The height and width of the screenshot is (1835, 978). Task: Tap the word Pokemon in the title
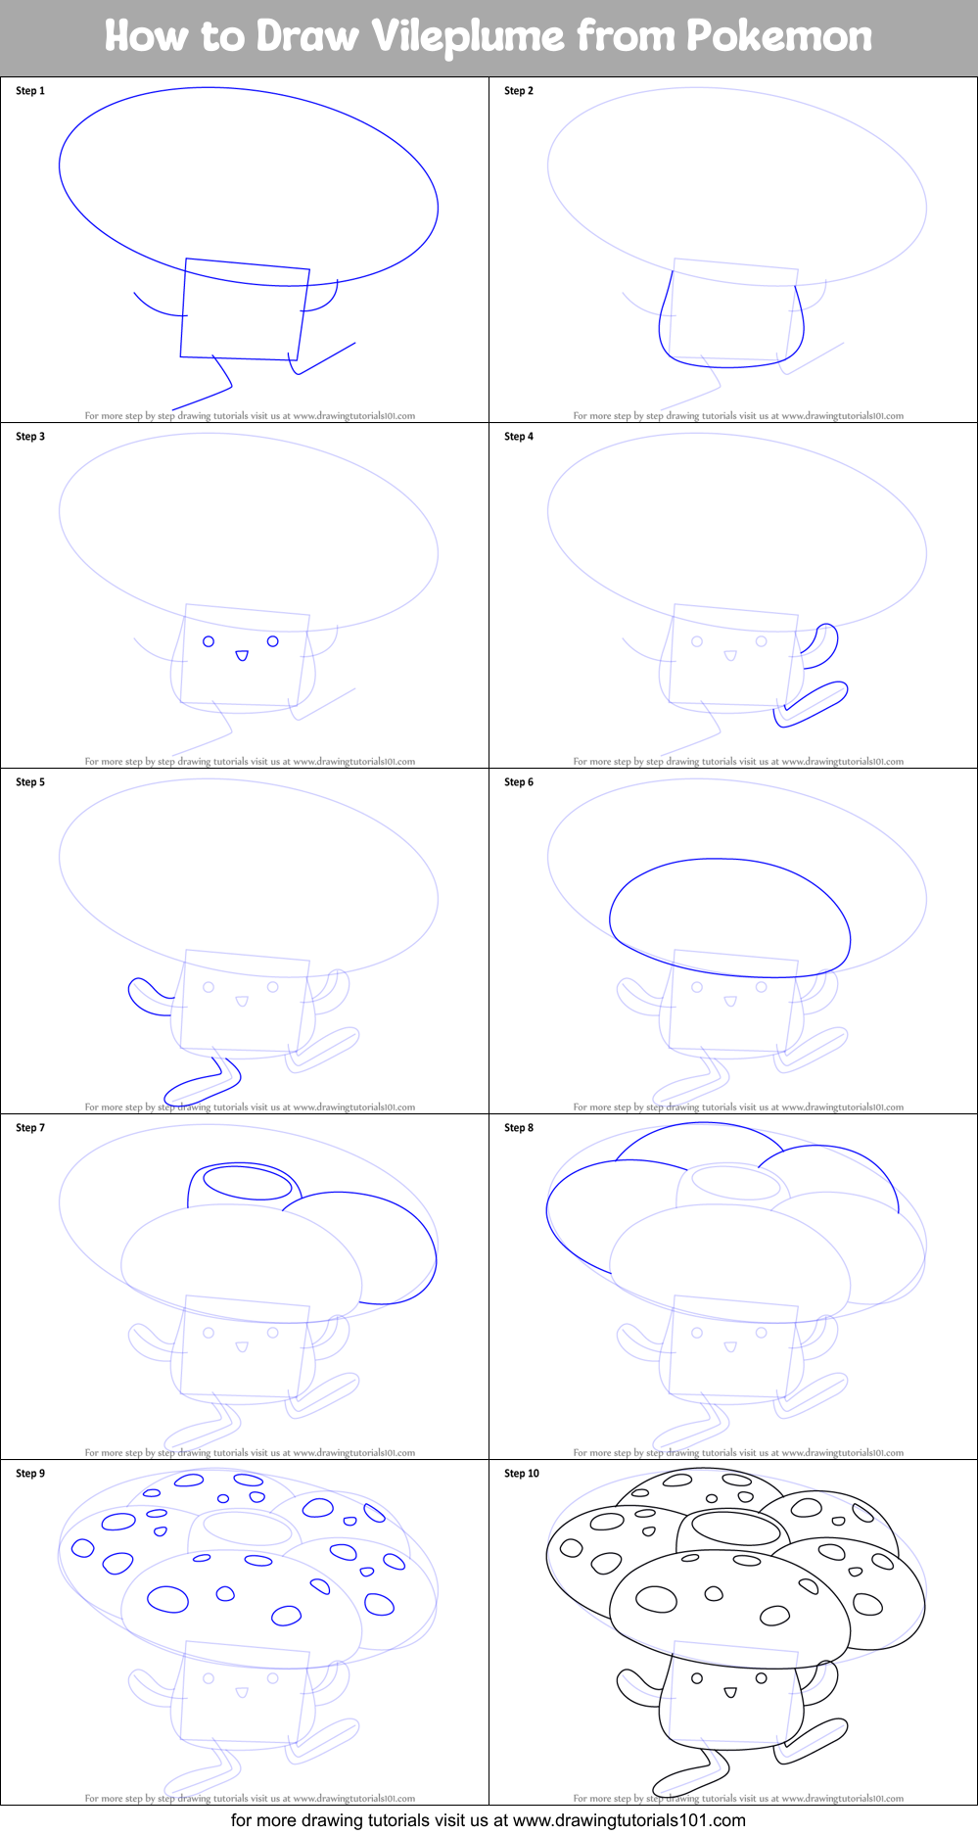click(x=778, y=37)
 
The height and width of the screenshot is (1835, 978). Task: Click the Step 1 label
click(x=30, y=91)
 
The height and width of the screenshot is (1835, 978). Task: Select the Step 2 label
click(x=519, y=91)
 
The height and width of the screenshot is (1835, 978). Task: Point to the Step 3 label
click(x=30, y=437)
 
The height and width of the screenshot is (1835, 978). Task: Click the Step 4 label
click(x=519, y=437)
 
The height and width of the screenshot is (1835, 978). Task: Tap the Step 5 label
click(x=30, y=782)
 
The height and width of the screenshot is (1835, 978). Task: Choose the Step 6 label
click(x=519, y=782)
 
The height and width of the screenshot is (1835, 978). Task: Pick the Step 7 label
click(x=30, y=1128)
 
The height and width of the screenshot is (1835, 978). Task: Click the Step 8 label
click(x=519, y=1128)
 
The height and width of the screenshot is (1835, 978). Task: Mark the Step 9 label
click(x=30, y=1474)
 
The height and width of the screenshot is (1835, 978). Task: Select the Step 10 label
click(x=522, y=1474)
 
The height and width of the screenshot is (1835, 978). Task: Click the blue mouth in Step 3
click(x=242, y=656)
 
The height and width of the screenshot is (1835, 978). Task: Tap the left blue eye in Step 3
click(x=209, y=642)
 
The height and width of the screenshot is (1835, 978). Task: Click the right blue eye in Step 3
click(x=273, y=641)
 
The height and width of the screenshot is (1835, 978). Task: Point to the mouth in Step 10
click(x=730, y=1692)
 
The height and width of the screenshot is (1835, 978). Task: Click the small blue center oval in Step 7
click(x=247, y=1182)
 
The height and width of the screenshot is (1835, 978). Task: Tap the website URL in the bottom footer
click(x=629, y=1820)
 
